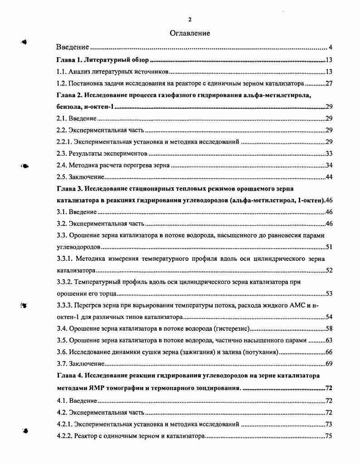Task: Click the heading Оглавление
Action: (x=190, y=33)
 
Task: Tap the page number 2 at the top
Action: (x=190, y=19)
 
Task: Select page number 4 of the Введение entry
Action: (x=331, y=48)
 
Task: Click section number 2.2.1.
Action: (x=64, y=142)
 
